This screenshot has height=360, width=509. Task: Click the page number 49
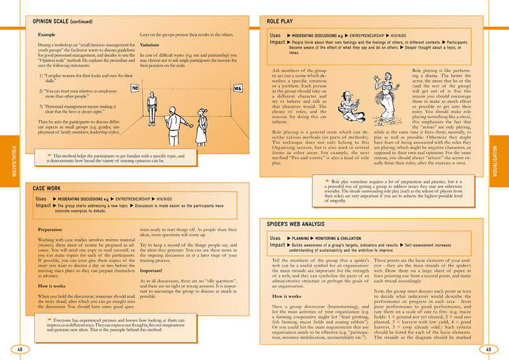488,349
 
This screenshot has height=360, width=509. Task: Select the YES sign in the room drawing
237,89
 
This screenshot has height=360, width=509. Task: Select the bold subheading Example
47,34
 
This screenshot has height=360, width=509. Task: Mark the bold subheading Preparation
52,230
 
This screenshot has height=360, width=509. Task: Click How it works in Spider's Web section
290,296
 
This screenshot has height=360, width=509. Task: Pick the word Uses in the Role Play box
275,36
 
